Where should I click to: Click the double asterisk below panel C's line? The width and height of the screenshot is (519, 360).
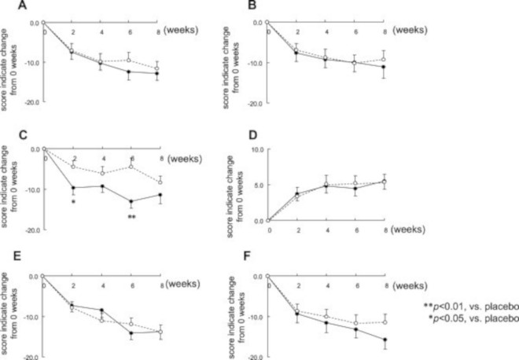click(131, 216)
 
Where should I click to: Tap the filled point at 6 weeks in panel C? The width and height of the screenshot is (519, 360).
click(131, 201)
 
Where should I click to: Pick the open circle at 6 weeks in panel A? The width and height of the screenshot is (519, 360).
click(131, 60)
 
